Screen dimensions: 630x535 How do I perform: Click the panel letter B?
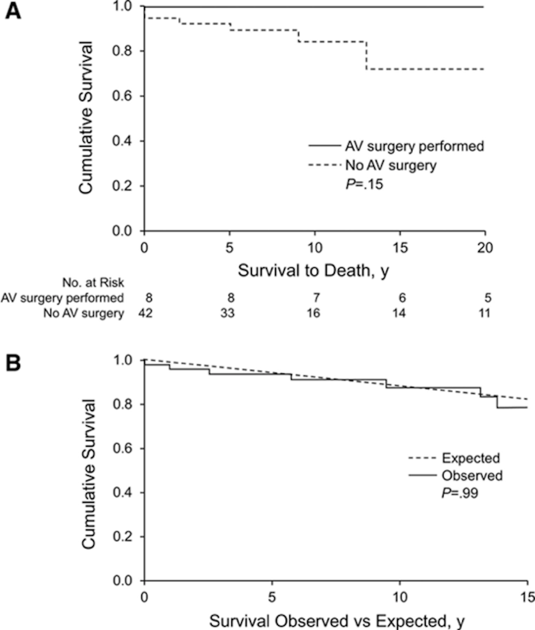pos(13,363)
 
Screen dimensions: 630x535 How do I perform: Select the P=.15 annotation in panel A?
pos(365,184)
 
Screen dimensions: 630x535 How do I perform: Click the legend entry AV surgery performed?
pos(414,146)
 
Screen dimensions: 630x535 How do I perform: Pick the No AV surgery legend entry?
pos(391,165)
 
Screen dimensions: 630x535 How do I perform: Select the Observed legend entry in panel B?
pos(472,475)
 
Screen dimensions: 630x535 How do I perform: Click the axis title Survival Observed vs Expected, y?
pos(337,621)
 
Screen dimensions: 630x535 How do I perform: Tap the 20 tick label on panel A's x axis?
pos(485,248)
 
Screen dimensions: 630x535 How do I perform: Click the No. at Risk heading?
pos(93,283)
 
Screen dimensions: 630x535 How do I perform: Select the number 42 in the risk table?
pos(145,313)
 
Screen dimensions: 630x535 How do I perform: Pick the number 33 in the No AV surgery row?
pos(228,313)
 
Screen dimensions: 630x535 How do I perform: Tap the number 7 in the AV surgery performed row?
pos(316,298)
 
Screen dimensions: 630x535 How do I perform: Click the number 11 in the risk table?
pos(484,313)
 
